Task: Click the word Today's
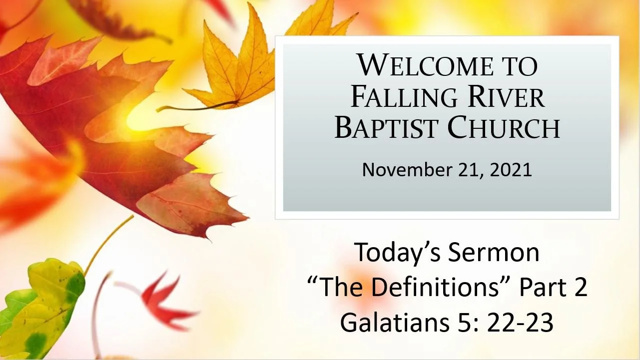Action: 398,253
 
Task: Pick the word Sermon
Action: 494,253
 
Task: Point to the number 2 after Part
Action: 580,288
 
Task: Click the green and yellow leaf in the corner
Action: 42,310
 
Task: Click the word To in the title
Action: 520,66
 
